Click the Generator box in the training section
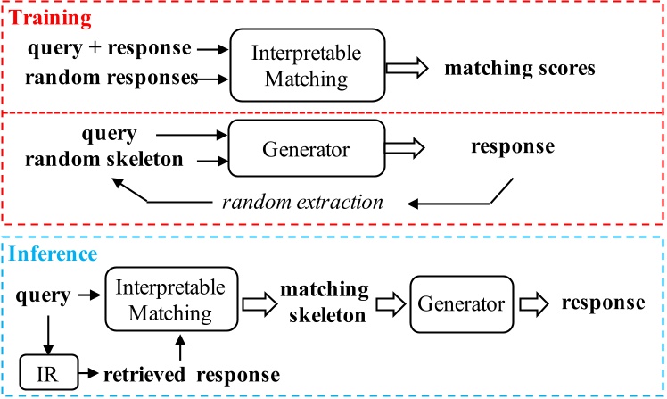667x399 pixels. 307,148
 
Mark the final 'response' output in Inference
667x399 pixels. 603,302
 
